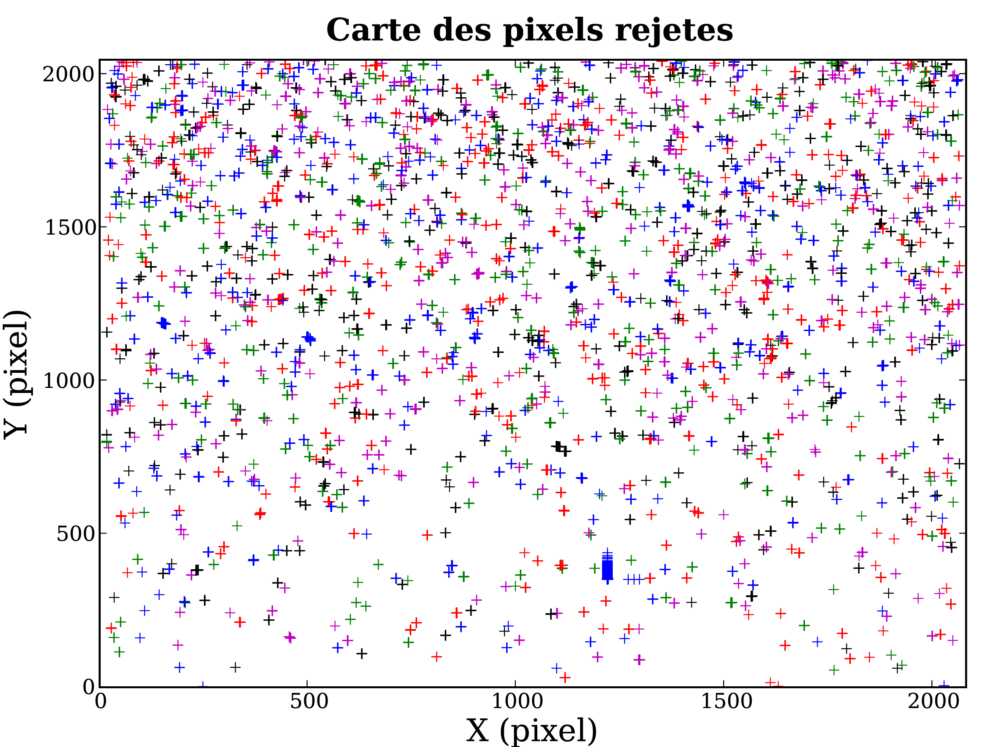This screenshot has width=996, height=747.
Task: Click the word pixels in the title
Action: tap(554, 30)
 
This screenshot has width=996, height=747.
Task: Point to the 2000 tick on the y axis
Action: tap(68, 74)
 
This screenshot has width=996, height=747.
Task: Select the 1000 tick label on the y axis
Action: tap(68, 381)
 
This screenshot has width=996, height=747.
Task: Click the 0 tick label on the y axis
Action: tap(89, 687)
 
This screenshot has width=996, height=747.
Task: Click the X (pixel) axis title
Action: tap(531, 730)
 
